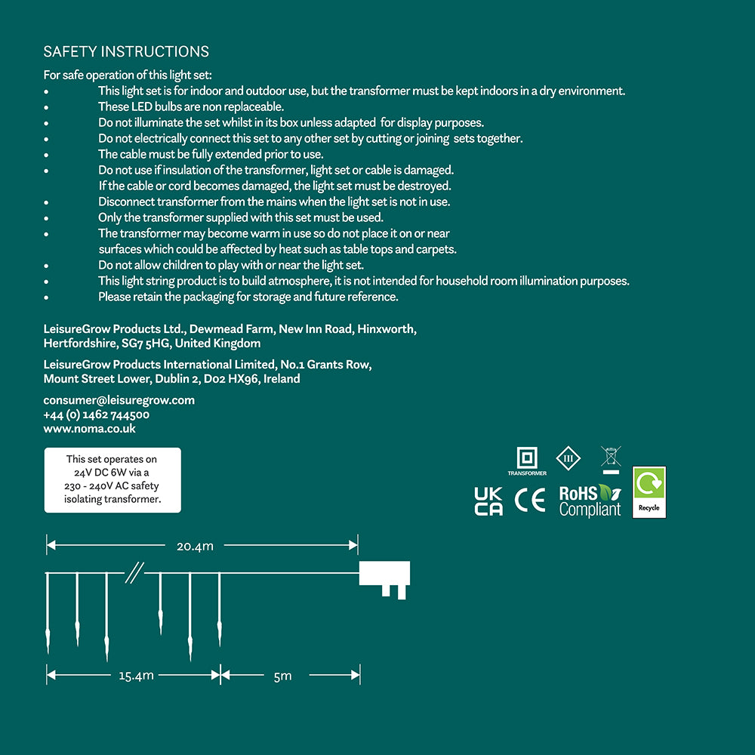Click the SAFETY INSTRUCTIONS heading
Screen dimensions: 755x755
[126, 51]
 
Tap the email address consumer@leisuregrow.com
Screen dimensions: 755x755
[119, 400]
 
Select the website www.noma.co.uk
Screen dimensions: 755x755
[90, 429]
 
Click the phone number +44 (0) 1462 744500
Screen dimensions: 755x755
[97, 414]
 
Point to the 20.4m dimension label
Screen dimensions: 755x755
[195, 547]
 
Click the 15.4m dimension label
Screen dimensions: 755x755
[136, 676]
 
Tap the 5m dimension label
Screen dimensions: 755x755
[282, 676]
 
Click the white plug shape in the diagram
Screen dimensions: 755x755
[384, 579]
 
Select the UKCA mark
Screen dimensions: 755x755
[488, 501]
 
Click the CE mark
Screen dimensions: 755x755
[530, 501]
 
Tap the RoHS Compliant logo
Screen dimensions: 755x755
[590, 501]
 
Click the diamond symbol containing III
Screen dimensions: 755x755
[569, 458]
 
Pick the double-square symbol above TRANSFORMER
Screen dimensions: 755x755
[527, 458]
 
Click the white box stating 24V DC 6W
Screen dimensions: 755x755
[112, 480]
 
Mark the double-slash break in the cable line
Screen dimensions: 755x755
[134, 572]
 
